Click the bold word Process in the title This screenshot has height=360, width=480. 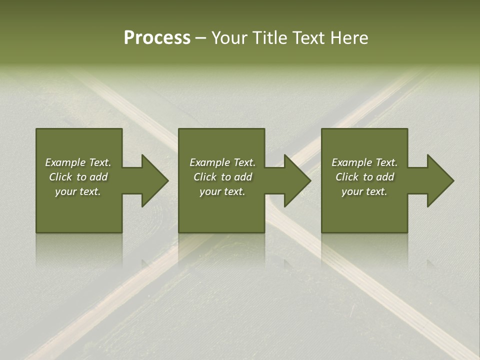157,38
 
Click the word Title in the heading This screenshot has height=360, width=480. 268,38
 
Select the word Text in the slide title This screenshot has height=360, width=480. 307,38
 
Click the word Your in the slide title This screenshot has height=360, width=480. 230,38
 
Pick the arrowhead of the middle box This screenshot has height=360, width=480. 297,180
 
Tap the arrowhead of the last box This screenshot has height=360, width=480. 439,180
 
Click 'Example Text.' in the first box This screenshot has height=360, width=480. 78,162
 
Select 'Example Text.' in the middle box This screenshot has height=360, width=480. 222,162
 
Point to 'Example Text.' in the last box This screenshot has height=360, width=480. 364,162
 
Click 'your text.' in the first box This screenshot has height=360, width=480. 78,191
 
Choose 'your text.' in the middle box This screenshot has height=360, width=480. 222,191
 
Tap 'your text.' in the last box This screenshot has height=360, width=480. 364,191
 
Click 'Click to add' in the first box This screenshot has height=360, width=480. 78,177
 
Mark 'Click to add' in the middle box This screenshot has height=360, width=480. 222,177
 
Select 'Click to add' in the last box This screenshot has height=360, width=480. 364,177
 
